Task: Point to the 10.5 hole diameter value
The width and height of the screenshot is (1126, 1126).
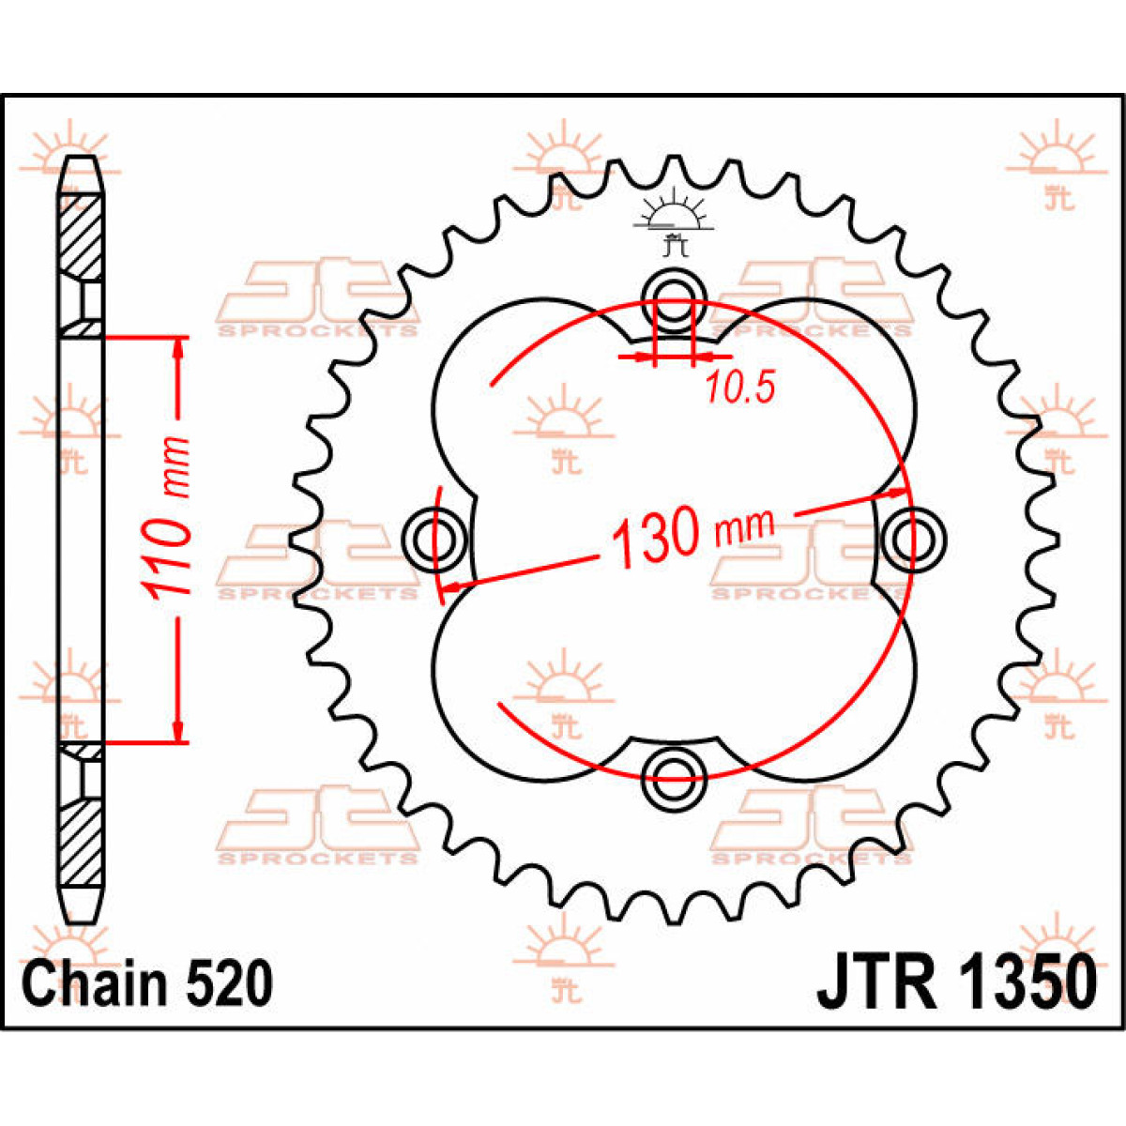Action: pyautogui.click(x=741, y=388)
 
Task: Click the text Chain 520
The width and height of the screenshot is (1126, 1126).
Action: pyautogui.click(x=148, y=982)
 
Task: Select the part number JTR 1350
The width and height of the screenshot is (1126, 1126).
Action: pyautogui.click(x=956, y=982)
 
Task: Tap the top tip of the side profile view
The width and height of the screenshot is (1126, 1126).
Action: pyautogui.click(x=82, y=161)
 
